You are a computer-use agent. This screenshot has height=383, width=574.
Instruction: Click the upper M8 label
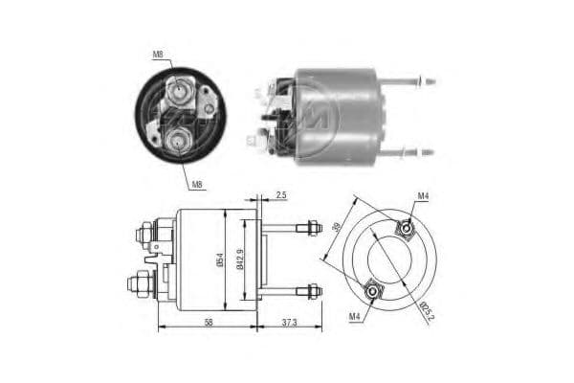(158, 55)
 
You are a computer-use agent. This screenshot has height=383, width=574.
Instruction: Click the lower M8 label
(196, 184)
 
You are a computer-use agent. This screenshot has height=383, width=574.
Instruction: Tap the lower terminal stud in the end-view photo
(176, 143)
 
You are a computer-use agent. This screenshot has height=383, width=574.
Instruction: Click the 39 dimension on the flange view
(336, 230)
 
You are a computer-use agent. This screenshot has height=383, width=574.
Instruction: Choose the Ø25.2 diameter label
(425, 308)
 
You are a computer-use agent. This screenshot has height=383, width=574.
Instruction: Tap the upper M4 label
(422, 197)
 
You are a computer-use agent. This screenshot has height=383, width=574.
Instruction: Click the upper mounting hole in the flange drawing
(406, 228)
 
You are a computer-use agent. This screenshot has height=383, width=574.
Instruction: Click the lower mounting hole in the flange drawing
(372, 290)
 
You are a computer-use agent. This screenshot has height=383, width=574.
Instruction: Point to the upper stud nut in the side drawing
(312, 228)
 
